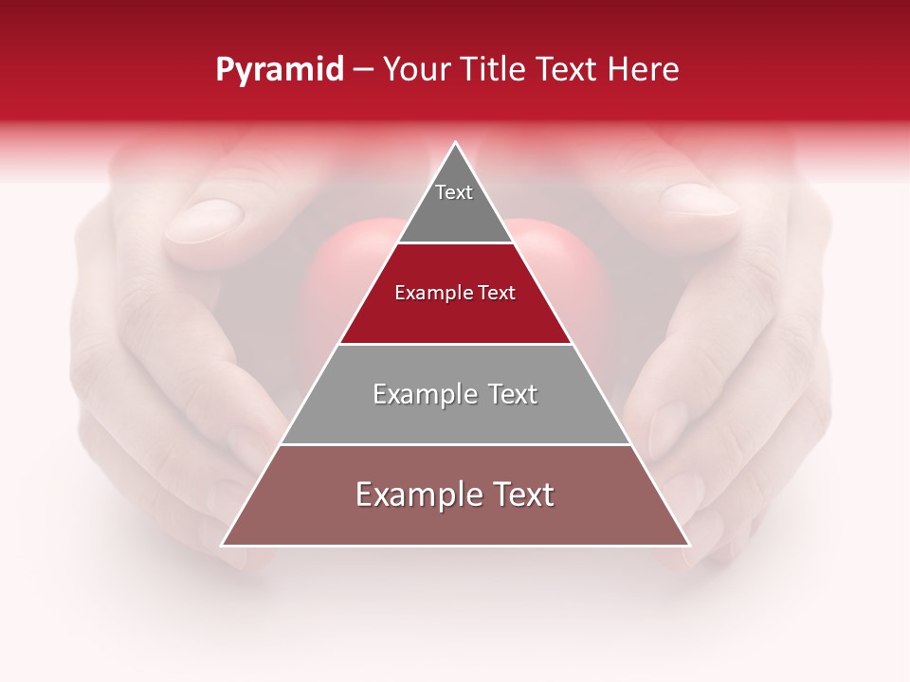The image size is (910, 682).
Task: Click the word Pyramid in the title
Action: [x=280, y=69]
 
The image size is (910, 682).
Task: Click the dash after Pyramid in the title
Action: [x=363, y=70]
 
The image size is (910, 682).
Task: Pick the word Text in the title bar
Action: [x=569, y=69]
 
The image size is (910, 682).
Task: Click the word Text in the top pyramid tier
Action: [x=454, y=192]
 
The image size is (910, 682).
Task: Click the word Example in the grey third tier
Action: [x=418, y=394]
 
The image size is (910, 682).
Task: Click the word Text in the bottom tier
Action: [x=520, y=494]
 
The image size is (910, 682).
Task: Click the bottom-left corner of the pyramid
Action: [x=223, y=545]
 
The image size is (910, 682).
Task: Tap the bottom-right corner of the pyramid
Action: [x=689, y=545]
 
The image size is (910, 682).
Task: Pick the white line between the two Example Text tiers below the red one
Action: [x=455, y=444]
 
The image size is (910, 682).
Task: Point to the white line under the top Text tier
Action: [x=455, y=242]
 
